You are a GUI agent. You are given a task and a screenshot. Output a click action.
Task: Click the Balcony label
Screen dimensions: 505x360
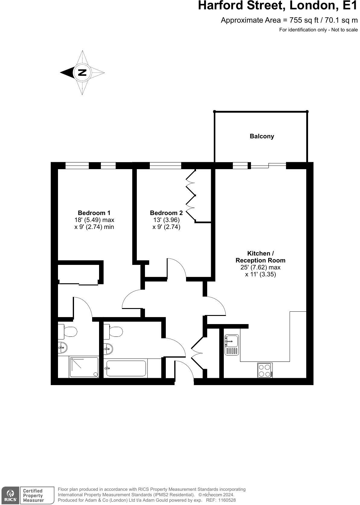(262, 136)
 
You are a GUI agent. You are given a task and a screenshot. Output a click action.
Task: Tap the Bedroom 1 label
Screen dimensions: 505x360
(94, 213)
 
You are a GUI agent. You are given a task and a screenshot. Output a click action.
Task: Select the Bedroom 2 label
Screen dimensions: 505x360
(166, 213)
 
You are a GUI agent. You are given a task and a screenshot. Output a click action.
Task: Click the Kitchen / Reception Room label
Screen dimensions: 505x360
(260, 257)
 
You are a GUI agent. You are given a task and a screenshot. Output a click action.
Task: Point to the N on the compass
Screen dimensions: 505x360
(82, 72)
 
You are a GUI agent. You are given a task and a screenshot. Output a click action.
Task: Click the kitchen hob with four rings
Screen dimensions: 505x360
(265, 370)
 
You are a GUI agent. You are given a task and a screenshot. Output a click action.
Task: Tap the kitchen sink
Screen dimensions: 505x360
(232, 342)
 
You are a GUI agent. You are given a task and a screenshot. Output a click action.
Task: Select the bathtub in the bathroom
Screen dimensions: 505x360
(126, 368)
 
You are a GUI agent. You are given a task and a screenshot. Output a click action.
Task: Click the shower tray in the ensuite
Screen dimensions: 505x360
(84, 367)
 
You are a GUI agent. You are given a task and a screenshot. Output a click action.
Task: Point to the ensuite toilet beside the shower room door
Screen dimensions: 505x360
(68, 332)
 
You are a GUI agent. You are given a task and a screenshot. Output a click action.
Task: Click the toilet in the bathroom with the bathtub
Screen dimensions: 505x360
(114, 331)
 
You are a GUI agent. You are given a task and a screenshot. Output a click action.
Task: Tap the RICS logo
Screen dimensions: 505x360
(10, 495)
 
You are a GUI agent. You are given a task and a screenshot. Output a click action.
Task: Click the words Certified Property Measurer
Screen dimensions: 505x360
(33, 495)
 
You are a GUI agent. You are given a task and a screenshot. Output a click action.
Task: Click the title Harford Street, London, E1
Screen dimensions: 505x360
(278, 6)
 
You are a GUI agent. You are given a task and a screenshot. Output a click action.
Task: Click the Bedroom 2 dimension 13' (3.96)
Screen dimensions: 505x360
(166, 220)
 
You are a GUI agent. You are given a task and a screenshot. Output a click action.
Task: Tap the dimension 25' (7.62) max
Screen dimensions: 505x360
(260, 267)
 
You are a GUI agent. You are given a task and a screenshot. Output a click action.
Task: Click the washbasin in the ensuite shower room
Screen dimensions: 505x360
(63, 348)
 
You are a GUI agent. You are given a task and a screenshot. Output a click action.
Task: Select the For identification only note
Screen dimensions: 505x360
(318, 30)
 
